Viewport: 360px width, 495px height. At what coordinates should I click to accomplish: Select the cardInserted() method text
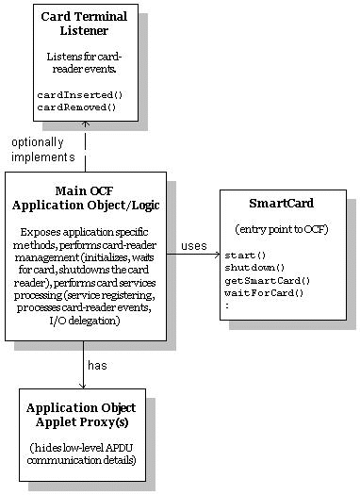point(80,95)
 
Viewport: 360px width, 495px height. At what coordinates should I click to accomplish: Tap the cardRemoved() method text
point(77,107)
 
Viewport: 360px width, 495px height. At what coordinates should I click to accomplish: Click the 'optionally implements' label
point(43,150)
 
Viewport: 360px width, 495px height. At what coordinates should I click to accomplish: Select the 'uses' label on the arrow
point(193,246)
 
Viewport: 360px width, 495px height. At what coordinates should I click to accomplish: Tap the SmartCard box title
point(281,203)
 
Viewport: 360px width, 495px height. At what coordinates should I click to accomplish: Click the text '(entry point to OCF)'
point(281,229)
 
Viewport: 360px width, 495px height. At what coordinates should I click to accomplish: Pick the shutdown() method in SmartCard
point(254,267)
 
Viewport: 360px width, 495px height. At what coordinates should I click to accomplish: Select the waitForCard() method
point(265,292)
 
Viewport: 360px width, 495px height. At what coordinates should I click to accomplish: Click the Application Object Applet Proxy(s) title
point(81,415)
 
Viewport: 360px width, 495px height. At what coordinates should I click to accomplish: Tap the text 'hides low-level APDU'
point(82,447)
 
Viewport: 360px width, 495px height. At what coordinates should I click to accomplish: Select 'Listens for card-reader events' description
point(84,63)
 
